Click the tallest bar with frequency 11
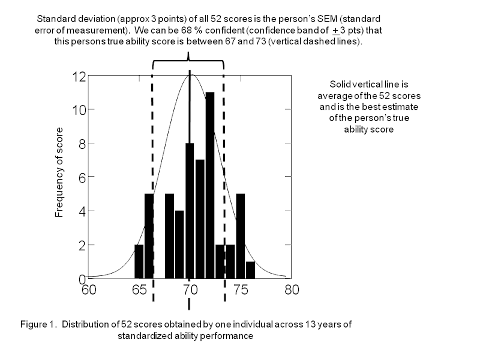tap(210, 186)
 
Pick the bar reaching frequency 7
tap(200, 220)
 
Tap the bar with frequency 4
tap(179, 245)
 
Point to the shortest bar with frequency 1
tap(251, 270)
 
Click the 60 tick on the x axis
tap(89, 289)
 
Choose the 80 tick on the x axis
tap(292, 289)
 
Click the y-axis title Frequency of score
tap(59, 172)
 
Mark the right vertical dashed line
tap(224, 180)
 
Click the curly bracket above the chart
tap(189, 60)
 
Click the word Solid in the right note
tap(340, 85)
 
